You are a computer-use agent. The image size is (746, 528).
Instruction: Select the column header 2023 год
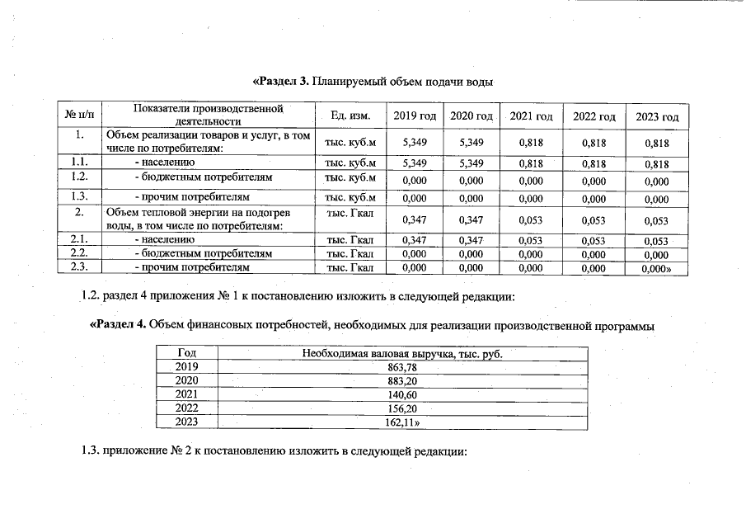(657, 117)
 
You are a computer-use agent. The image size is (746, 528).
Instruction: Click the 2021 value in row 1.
(531, 143)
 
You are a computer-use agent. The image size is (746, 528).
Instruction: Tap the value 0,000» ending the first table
(658, 268)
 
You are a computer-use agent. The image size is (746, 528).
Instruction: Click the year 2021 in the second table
(188, 394)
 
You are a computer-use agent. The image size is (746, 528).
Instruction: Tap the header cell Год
(188, 353)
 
